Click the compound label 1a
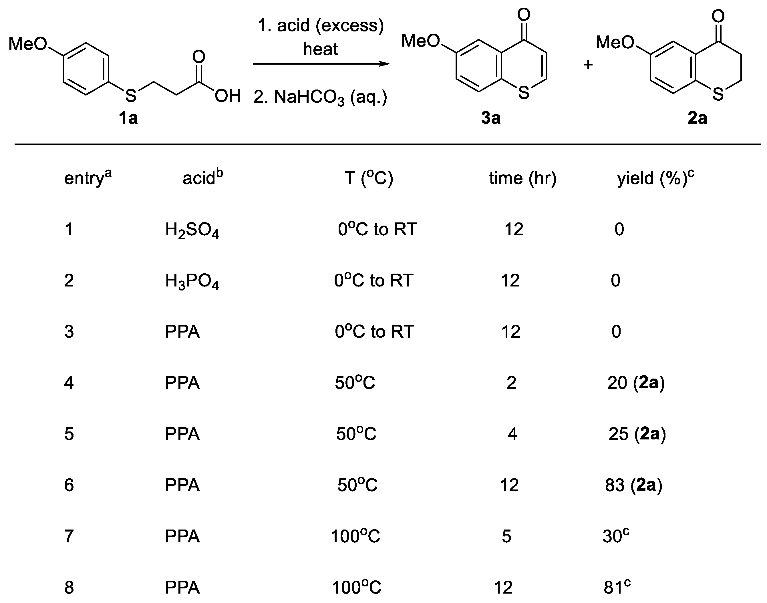(128, 118)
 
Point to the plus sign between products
(588, 65)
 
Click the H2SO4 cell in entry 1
(192, 230)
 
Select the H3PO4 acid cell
(192, 281)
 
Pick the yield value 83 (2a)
(633, 485)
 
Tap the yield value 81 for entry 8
(617, 588)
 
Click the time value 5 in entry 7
(506, 536)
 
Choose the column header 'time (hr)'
(522, 178)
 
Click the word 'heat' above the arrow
(320, 49)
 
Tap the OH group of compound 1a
(228, 96)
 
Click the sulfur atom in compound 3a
(524, 93)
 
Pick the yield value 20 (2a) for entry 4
(636, 383)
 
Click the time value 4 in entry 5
(512, 434)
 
